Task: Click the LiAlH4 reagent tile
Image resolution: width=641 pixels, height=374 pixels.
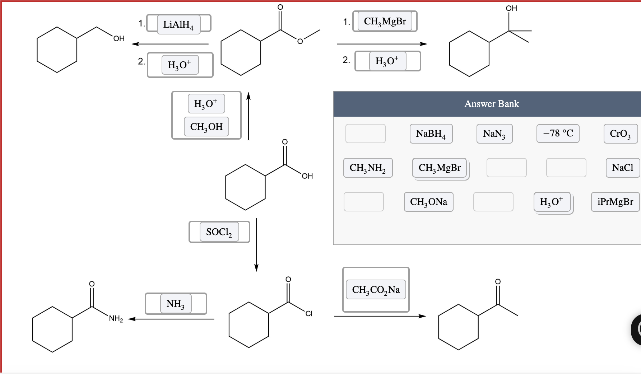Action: [178, 24]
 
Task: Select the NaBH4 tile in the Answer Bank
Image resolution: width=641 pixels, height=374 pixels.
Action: [431, 134]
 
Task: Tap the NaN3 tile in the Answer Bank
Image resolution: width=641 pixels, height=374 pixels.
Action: [494, 134]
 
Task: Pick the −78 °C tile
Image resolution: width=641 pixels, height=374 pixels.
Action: [558, 134]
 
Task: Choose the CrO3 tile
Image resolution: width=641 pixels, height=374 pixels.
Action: [620, 134]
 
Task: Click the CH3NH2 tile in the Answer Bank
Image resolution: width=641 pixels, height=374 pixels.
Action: [368, 168]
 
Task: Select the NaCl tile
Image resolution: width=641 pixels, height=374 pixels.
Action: [622, 168]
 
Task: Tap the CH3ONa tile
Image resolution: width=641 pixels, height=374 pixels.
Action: [428, 202]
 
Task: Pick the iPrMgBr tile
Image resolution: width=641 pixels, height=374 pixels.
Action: [615, 202]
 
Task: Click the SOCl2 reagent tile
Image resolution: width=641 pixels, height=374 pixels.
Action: [219, 232]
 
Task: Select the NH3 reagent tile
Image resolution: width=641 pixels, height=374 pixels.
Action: [176, 304]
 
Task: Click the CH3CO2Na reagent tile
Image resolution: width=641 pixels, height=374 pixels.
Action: [376, 290]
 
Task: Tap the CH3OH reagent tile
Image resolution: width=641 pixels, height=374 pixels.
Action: [206, 127]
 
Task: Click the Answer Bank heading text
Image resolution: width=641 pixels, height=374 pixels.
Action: [491, 104]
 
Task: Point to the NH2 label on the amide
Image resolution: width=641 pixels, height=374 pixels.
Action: [116, 318]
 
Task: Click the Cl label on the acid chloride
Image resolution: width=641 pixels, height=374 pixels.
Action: [309, 314]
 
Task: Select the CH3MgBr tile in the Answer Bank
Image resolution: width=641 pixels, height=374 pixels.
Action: [440, 168]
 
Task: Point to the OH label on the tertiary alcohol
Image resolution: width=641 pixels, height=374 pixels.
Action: [511, 8]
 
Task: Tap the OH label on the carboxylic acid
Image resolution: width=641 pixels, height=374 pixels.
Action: [307, 176]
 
